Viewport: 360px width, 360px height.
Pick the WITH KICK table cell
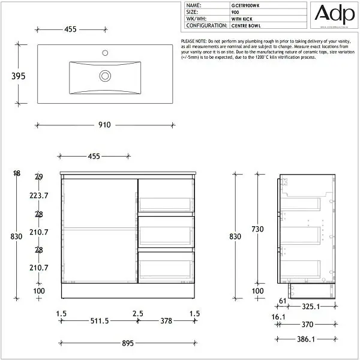(244, 19)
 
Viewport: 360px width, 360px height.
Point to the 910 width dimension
(104, 125)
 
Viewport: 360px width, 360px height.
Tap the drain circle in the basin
(105, 76)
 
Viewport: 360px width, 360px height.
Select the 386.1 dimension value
(306, 339)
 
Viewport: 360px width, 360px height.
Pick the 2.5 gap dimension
(138, 313)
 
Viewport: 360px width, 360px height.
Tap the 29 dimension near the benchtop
(39, 177)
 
